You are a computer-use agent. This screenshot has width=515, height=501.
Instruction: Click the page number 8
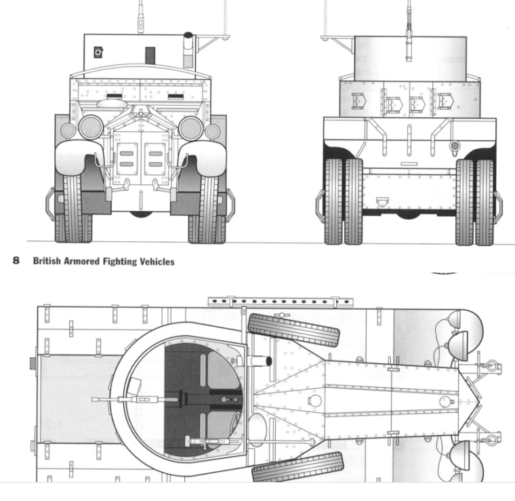pyautogui.click(x=16, y=261)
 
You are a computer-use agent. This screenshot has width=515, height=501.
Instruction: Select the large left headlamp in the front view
pyautogui.click(x=91, y=127)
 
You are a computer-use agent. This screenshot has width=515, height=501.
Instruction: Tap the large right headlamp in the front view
pyautogui.click(x=190, y=127)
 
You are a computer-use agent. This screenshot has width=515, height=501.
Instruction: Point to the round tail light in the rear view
pyautogui.click(x=454, y=145)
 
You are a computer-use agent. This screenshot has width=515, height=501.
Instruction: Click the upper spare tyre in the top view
pyautogui.click(x=293, y=330)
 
